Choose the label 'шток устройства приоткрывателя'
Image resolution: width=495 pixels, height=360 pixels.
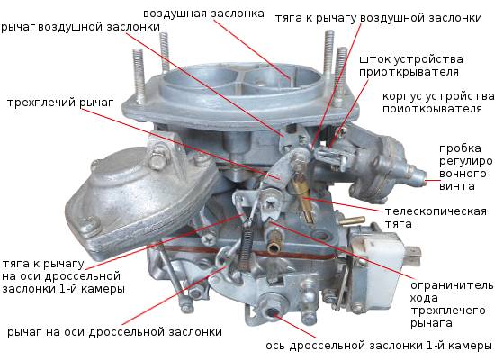[x=409, y=63]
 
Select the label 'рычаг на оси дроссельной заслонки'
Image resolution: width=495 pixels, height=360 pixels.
[x=112, y=332]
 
